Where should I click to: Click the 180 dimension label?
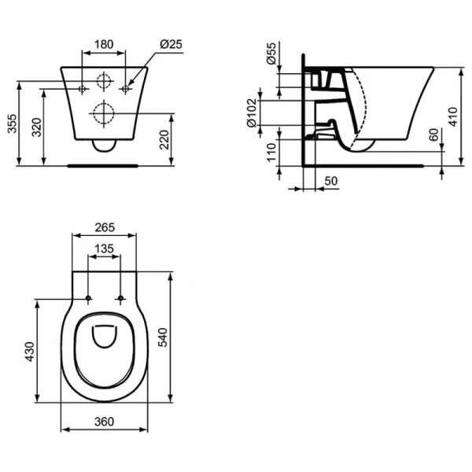(x=104, y=44)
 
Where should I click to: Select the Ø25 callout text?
(x=171, y=44)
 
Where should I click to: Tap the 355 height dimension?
(x=13, y=124)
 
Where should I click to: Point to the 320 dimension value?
(x=37, y=127)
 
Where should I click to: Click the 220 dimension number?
(x=164, y=140)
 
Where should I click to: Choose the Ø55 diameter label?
(x=271, y=53)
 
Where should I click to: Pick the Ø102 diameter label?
(x=252, y=112)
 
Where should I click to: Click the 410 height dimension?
(x=452, y=116)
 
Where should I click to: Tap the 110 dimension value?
(x=271, y=153)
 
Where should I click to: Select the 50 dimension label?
(x=331, y=181)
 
